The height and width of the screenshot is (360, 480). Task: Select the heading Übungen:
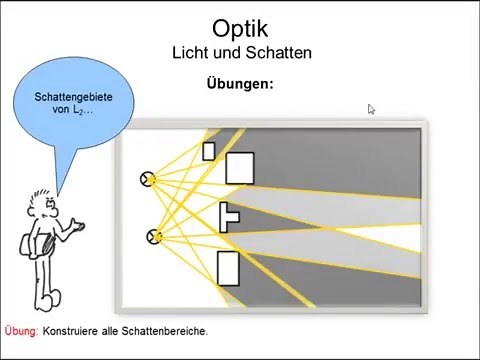click(x=239, y=84)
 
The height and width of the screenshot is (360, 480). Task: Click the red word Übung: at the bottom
click(x=21, y=331)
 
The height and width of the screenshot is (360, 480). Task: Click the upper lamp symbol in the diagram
click(x=149, y=179)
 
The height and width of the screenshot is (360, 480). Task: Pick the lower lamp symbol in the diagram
click(x=154, y=237)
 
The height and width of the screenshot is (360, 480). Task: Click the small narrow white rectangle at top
click(x=209, y=152)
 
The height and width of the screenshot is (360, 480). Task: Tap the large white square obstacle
click(x=240, y=168)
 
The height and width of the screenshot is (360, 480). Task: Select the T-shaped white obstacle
click(x=229, y=216)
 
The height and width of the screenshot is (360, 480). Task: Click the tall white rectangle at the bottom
click(x=228, y=267)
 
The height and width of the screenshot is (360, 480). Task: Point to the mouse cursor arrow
click(x=371, y=110)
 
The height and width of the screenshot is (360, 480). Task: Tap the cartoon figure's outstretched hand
click(x=78, y=228)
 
